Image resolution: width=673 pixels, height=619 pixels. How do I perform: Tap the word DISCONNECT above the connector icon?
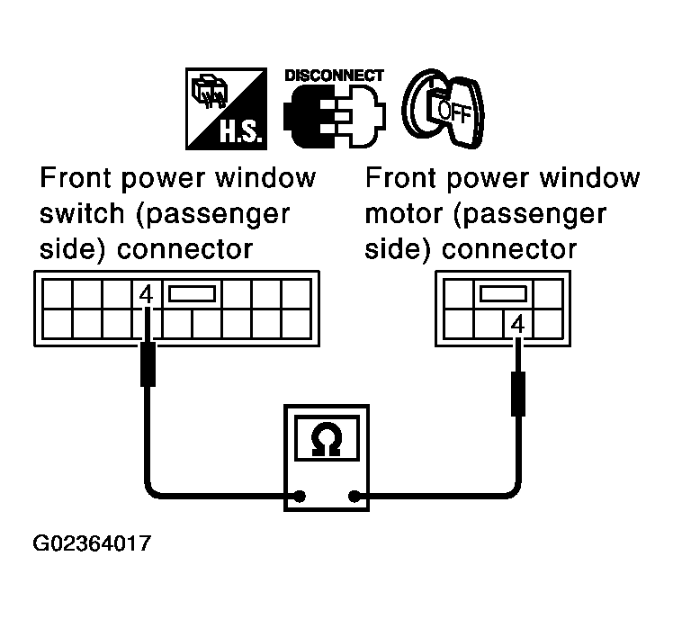click(x=334, y=76)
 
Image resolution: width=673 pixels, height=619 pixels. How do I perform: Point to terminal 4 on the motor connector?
click(x=516, y=321)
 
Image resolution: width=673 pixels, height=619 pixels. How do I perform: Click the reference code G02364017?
click(x=92, y=544)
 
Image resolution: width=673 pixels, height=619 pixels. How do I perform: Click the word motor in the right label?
click(x=404, y=215)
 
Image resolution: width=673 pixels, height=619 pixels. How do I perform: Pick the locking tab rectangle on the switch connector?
click(x=192, y=293)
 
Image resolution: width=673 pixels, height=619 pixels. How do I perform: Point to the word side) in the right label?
click(x=397, y=248)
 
